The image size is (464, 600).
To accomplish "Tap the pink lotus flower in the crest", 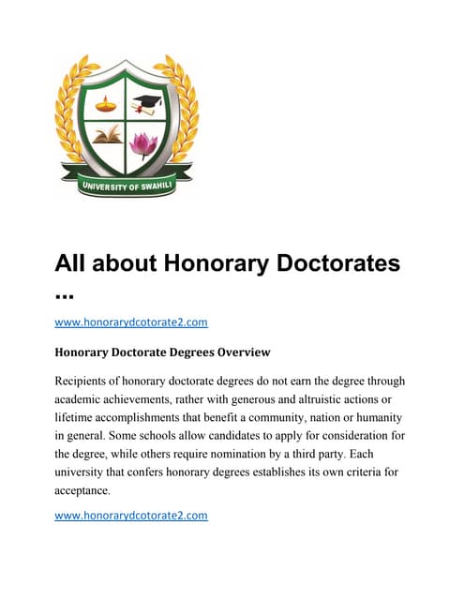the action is click(x=143, y=143).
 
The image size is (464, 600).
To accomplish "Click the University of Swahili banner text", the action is click(x=125, y=180).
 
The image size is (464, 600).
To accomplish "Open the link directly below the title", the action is click(x=131, y=322).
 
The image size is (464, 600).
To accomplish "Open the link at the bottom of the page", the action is click(x=131, y=515).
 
